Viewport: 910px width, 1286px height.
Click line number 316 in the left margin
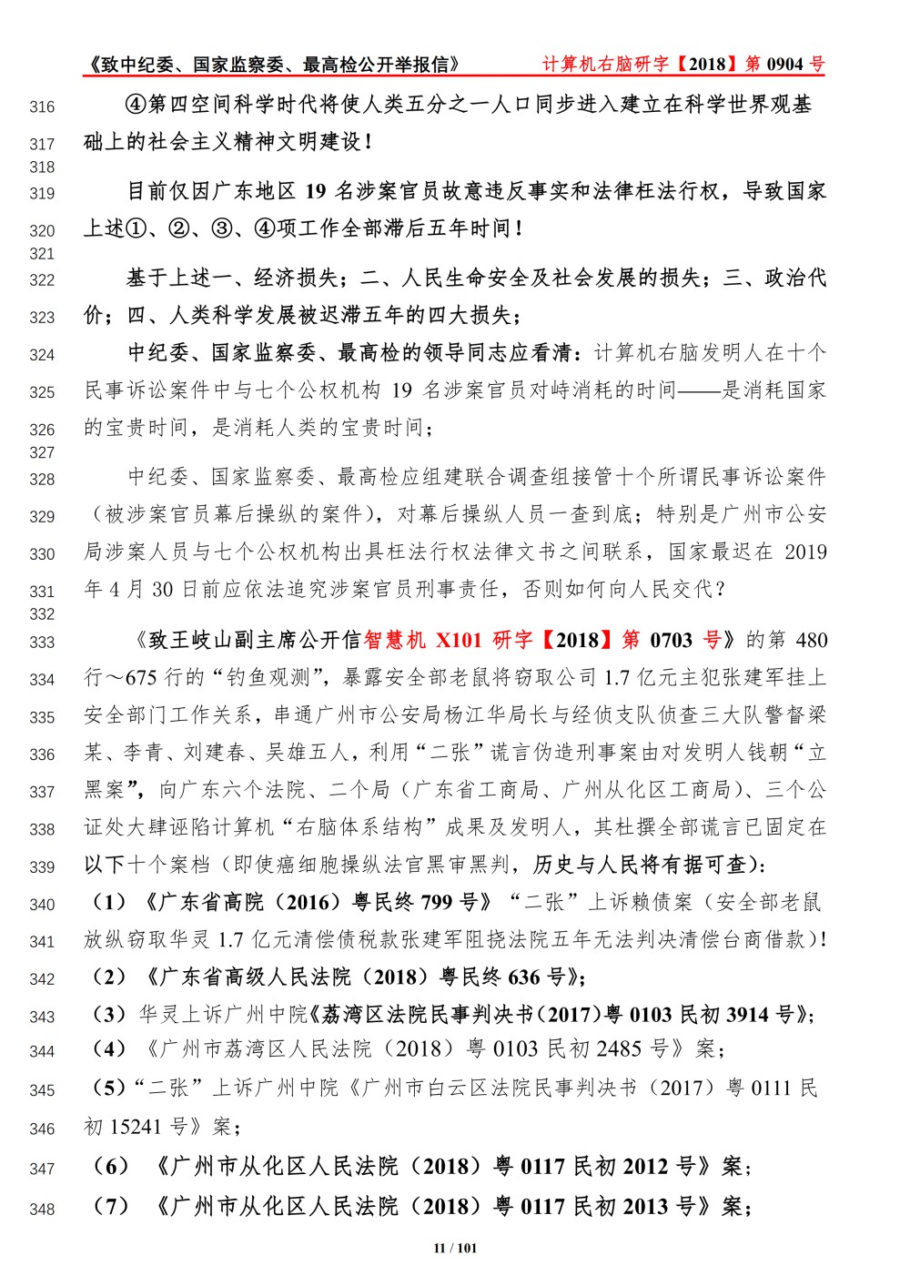pos(42,107)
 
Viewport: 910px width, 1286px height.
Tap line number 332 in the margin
pos(42,614)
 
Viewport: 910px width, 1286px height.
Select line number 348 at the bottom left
pos(42,1210)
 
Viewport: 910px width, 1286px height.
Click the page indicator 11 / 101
pos(455,1248)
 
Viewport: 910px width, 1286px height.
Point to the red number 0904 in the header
pos(784,64)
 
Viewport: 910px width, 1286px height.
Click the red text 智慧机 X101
pos(422,640)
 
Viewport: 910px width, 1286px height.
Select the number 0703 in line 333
pos(671,640)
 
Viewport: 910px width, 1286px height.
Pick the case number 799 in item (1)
pos(437,902)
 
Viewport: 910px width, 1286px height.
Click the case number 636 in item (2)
pos(523,977)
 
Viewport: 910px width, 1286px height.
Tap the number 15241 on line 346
pos(136,1127)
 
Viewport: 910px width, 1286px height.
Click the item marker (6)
pos(112,1166)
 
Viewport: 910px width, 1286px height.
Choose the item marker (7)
pos(112,1207)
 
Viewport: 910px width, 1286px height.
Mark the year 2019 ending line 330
pos(804,552)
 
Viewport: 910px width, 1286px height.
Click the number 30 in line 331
pos(162,589)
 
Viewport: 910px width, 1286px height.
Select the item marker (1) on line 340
pos(109,902)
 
